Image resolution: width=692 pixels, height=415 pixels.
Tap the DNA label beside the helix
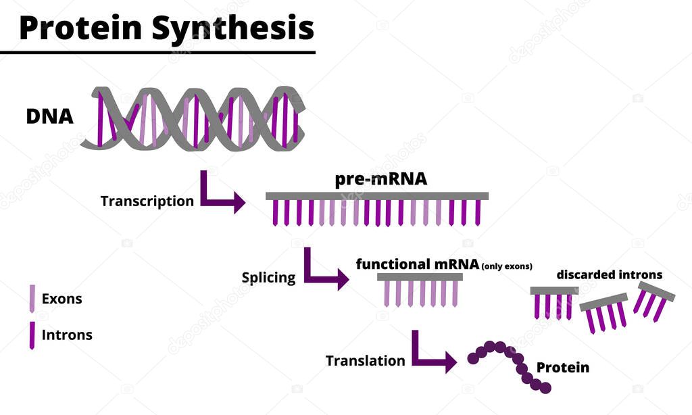click(x=49, y=116)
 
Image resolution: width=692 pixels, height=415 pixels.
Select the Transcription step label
click(x=147, y=201)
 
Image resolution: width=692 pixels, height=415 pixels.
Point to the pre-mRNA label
click(x=381, y=180)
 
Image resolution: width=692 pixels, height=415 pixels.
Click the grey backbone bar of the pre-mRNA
click(x=376, y=196)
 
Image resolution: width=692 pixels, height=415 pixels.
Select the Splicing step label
click(x=268, y=278)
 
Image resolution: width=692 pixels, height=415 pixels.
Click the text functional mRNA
click(x=417, y=264)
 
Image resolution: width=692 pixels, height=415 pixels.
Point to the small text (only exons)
click(x=507, y=266)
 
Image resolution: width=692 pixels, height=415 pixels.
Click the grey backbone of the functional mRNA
click(x=420, y=276)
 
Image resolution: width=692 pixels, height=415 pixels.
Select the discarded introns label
click(x=609, y=275)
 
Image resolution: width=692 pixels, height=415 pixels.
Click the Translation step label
click(x=365, y=361)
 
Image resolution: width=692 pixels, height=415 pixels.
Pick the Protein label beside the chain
click(x=562, y=368)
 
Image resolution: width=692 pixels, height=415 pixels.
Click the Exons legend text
click(x=61, y=299)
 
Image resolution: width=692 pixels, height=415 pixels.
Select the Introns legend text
click(x=67, y=335)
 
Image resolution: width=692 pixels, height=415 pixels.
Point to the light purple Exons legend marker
click(x=32, y=299)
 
